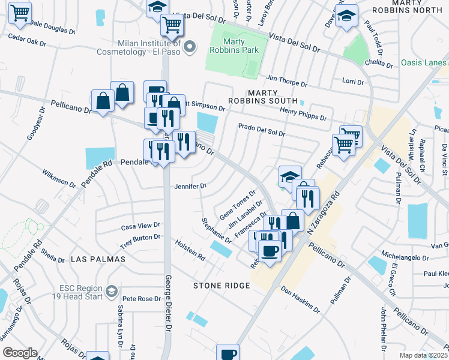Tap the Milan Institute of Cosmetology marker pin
click(190, 47)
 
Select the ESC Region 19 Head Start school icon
click(111, 292)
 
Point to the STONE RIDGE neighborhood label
click(221, 286)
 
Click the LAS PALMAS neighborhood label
click(98, 259)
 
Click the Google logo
click(20, 352)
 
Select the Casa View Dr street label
click(141, 226)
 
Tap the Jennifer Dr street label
click(190, 186)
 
